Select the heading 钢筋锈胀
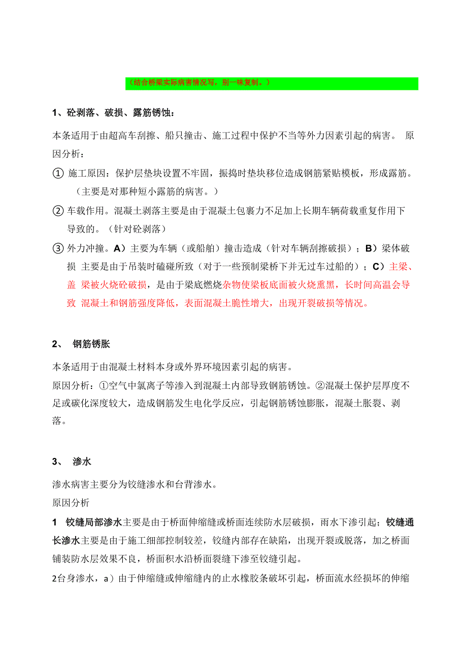(x=91, y=344)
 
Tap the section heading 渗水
(x=82, y=461)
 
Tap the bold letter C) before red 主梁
(x=379, y=267)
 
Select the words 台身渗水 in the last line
(x=74, y=578)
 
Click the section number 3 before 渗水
(x=55, y=461)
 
